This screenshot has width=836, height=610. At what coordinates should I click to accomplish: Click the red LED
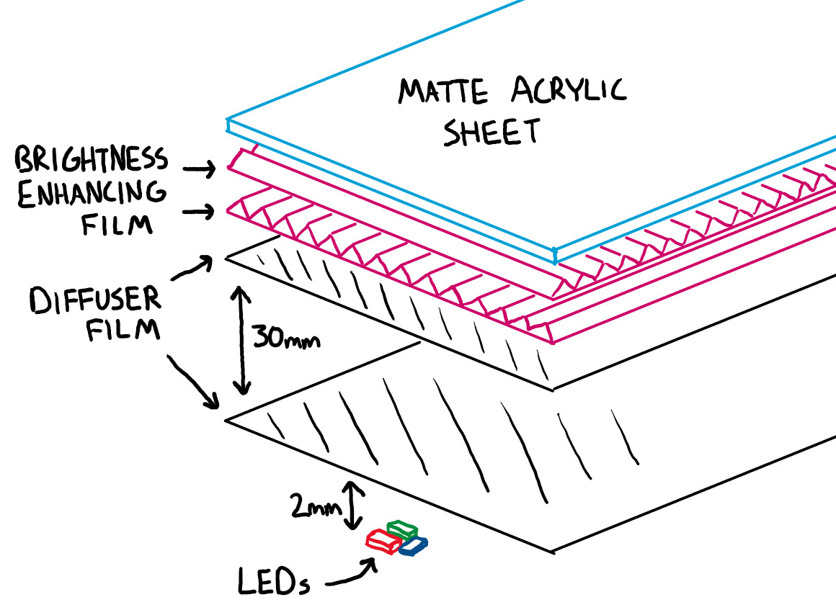point(383,542)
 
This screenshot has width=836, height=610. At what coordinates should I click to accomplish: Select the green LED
point(402,529)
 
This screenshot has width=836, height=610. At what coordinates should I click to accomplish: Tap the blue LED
point(414,547)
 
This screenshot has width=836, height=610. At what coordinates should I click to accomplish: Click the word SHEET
point(492,133)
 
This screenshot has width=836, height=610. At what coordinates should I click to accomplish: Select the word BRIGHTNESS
point(91,159)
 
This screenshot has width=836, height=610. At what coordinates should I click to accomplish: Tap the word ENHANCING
point(91,193)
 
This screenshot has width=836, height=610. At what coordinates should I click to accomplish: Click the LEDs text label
point(274,580)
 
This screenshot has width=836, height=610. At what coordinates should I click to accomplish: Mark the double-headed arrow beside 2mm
point(353,506)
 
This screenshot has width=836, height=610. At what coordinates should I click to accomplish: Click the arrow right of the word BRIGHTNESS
point(200,169)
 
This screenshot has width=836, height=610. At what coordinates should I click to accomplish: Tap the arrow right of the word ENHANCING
point(200,212)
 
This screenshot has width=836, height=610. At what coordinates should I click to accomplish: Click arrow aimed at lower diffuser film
point(192,380)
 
